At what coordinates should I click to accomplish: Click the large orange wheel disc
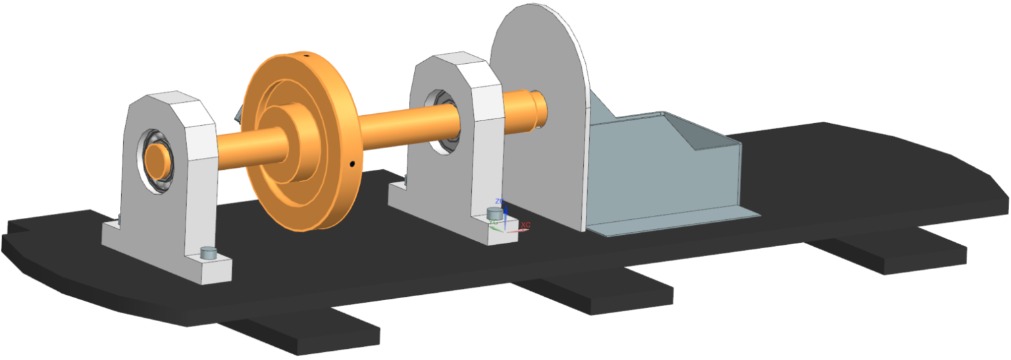(x=329, y=191)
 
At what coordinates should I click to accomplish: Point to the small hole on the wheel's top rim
(x=307, y=57)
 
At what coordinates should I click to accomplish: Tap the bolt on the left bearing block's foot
(x=208, y=252)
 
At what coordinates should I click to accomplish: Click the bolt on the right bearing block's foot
(x=493, y=213)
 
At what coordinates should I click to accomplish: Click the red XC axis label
(x=525, y=225)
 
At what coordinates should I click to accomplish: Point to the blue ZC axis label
(x=499, y=201)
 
